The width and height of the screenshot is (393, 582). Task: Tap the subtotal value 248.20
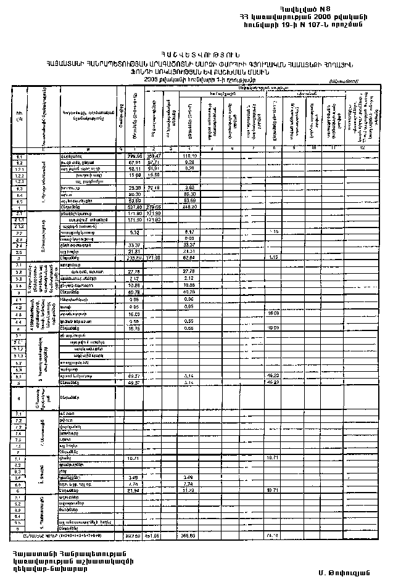[x=190, y=206]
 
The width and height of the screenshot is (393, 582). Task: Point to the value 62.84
[x=190, y=258]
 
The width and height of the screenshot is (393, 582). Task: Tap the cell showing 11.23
[x=190, y=490]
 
